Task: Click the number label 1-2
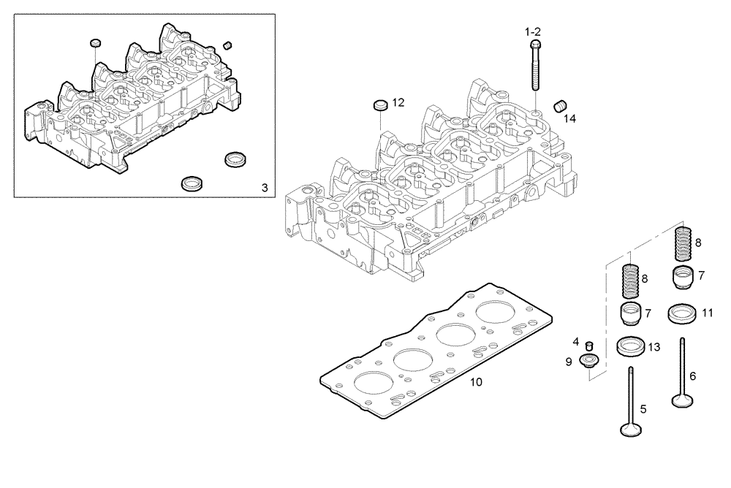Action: (x=532, y=32)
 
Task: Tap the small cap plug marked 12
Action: (x=380, y=105)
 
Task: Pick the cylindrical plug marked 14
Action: (x=561, y=106)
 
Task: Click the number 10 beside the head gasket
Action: (x=476, y=382)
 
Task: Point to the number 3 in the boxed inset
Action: (x=265, y=188)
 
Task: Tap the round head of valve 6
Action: (x=682, y=400)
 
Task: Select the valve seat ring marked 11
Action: (x=681, y=315)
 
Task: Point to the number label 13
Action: (x=654, y=347)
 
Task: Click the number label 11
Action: (x=707, y=313)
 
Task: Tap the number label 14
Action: (x=569, y=118)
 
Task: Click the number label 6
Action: (x=692, y=376)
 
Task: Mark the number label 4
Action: (x=576, y=341)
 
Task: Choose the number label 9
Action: (x=568, y=361)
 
